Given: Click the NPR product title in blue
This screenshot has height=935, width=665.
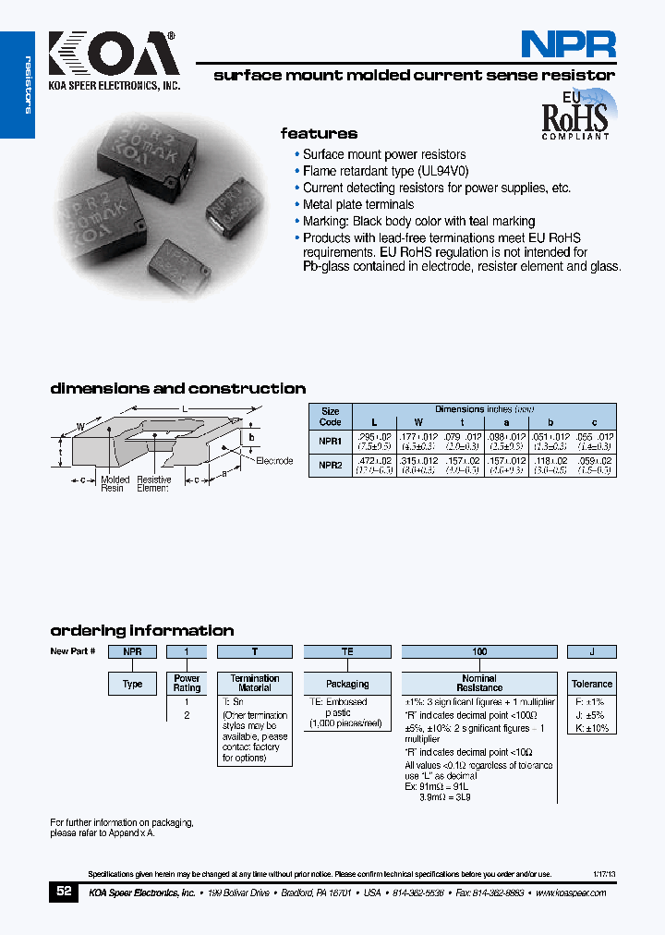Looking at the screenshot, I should pyautogui.click(x=567, y=43).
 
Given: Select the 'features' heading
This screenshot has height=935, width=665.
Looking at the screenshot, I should pyautogui.click(x=319, y=133).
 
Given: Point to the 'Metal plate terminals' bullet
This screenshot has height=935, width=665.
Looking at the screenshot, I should pyautogui.click(x=358, y=204).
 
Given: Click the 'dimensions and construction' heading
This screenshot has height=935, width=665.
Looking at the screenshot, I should pyautogui.click(x=177, y=389).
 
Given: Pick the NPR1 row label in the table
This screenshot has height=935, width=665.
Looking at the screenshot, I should pyautogui.click(x=330, y=441).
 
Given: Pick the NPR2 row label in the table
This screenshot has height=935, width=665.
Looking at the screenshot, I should pyautogui.click(x=330, y=466).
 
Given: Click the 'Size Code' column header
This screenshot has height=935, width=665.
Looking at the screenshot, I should pyautogui.click(x=330, y=416).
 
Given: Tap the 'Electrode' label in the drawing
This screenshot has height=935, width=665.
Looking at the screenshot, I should pyautogui.click(x=274, y=460).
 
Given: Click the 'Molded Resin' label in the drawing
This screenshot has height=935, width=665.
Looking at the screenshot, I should pyautogui.click(x=115, y=483).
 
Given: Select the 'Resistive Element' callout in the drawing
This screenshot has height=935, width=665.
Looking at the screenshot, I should pyautogui.click(x=153, y=483).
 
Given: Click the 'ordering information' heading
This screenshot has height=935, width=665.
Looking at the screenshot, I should pyautogui.click(x=141, y=630).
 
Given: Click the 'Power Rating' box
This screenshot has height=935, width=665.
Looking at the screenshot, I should pyautogui.click(x=187, y=684).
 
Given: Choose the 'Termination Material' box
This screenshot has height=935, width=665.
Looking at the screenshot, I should pyautogui.click(x=255, y=684).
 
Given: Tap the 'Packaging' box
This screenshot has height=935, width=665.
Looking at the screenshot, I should pyautogui.click(x=347, y=684).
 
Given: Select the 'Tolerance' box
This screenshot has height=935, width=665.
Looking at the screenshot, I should pyautogui.click(x=591, y=684).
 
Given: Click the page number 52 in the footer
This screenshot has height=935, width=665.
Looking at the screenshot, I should pyautogui.click(x=64, y=892).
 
